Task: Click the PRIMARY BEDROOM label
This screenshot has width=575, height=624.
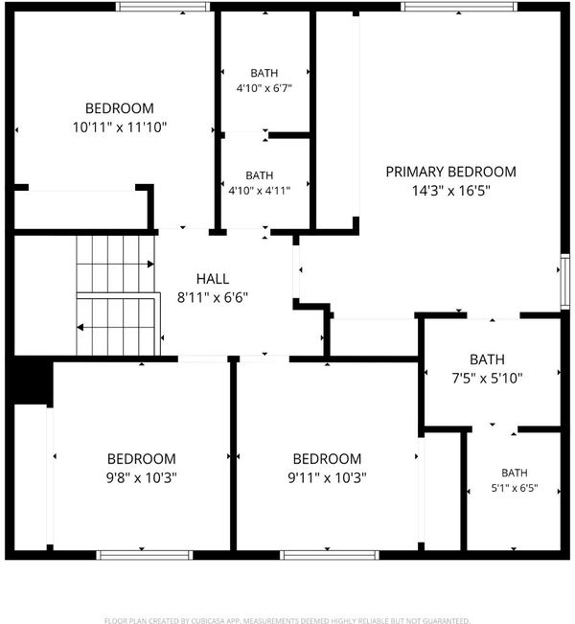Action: coord(450,172)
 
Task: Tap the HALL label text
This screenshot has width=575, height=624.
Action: coord(213,279)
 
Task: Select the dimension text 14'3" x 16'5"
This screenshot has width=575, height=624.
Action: coord(450,191)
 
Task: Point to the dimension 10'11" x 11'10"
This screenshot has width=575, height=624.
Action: coord(120,127)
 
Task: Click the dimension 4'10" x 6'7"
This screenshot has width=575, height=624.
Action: coord(264,88)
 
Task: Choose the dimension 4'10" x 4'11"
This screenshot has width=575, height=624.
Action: coord(260,190)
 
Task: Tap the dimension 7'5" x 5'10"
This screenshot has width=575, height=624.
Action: coord(487,378)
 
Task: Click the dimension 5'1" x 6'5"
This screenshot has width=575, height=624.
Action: coord(515,488)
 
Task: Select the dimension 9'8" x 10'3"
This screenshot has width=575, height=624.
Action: coord(141,477)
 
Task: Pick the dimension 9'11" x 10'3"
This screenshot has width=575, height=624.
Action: coord(327,477)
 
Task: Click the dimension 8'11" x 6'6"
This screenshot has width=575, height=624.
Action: coord(213,297)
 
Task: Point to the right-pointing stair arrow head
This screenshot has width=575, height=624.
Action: coord(150,264)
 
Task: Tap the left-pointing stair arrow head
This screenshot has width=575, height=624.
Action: coord(80,328)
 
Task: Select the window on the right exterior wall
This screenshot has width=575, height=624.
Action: coord(565,281)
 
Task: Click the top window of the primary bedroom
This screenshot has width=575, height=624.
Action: coord(459,7)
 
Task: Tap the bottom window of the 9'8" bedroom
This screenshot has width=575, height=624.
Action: coord(145,555)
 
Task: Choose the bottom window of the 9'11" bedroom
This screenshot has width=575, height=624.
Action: coord(330,555)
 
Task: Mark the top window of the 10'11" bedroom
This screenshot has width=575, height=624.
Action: coord(163,7)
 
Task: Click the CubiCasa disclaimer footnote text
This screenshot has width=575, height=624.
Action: coord(287,620)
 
